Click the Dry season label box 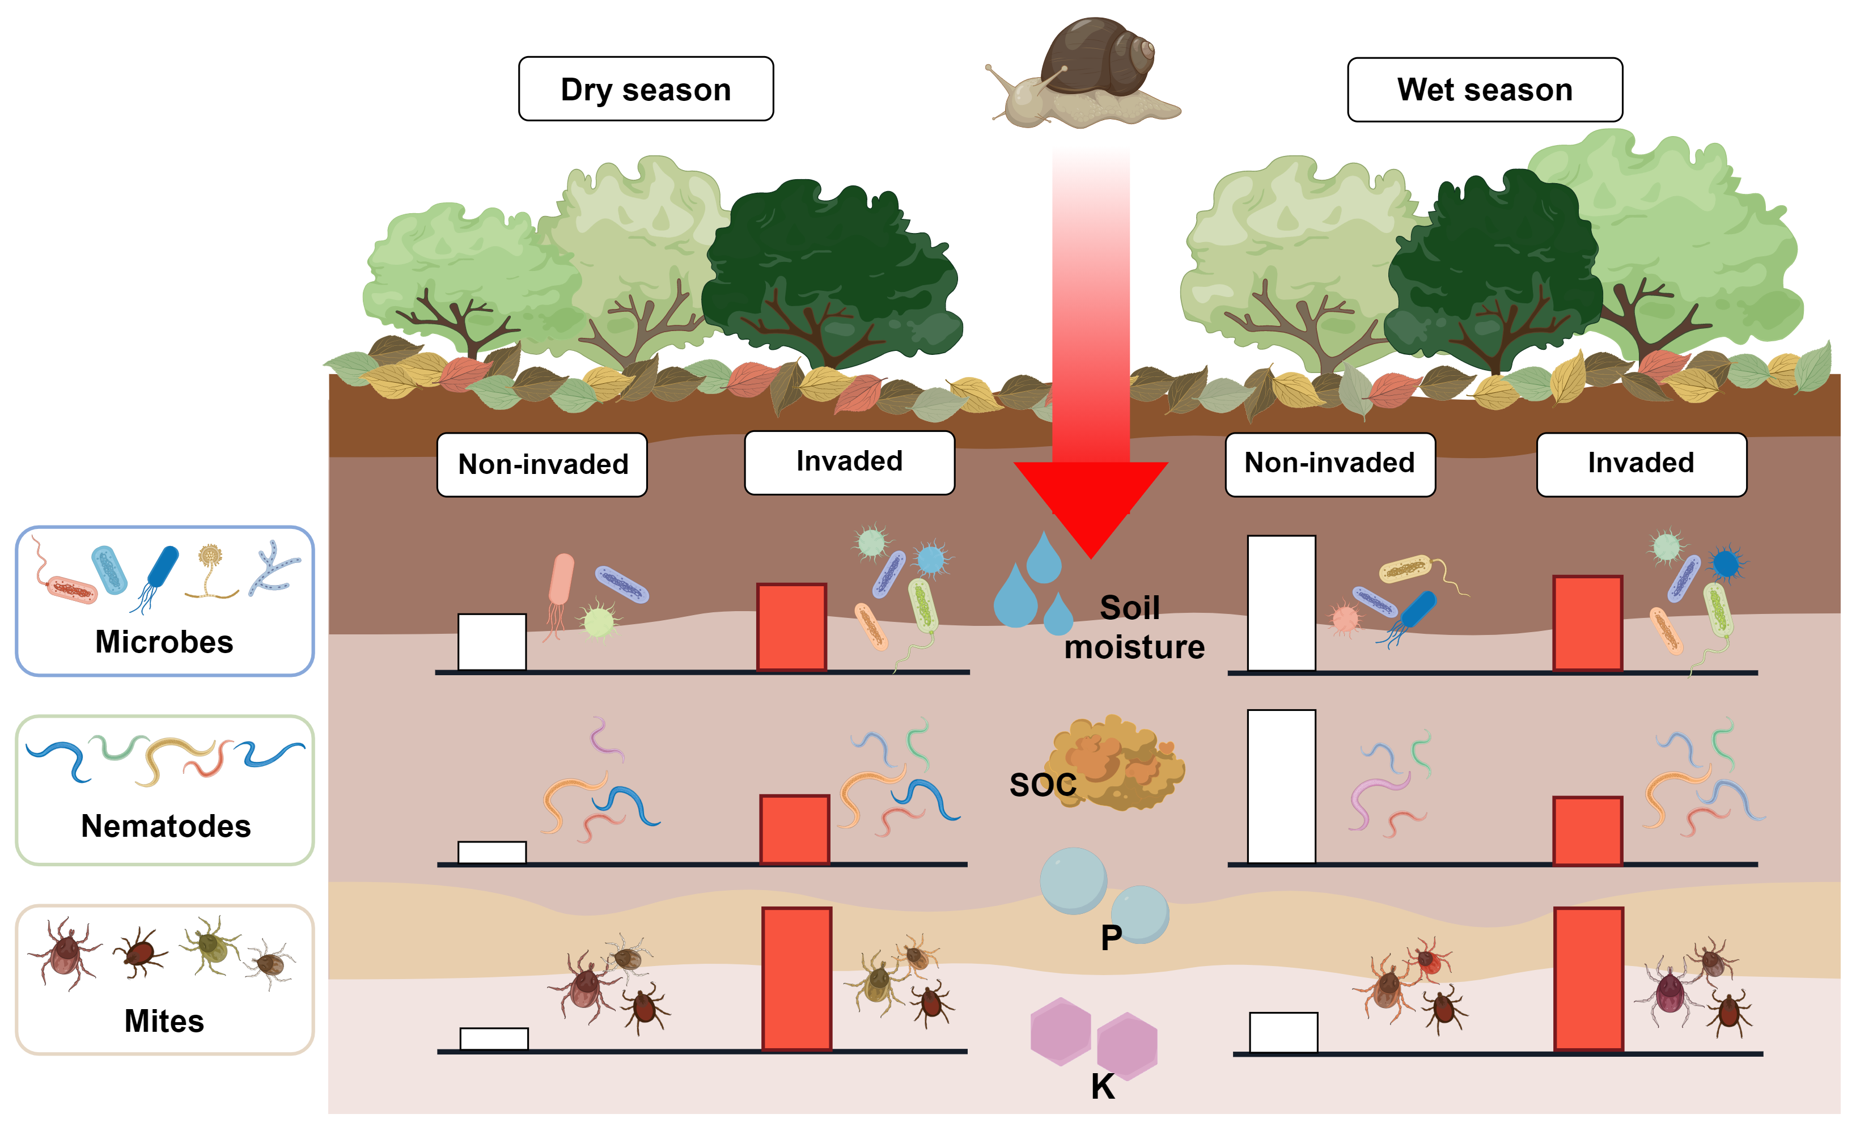pos(646,89)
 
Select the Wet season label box pos(1484,90)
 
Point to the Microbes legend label pos(164,642)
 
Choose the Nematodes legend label pos(166,826)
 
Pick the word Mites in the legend pos(164,1021)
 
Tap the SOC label pos(1043,785)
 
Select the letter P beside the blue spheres pos(1111,938)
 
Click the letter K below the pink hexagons pos(1103,1087)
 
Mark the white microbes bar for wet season pos(1281,603)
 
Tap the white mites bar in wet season pos(1283,1032)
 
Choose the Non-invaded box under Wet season pos(1329,463)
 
